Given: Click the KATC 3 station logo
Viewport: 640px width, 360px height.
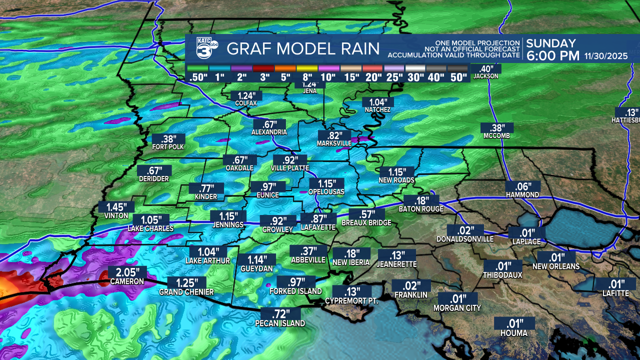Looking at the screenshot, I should (206, 48).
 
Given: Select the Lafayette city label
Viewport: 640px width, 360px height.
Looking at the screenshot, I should (318, 227).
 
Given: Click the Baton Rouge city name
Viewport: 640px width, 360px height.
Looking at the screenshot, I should (421, 209).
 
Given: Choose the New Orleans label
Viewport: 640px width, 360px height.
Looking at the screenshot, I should (556, 266).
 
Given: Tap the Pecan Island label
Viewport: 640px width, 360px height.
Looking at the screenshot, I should (280, 323).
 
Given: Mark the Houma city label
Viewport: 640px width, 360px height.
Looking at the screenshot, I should (513, 332).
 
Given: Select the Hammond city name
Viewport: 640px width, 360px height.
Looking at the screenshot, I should (522, 194).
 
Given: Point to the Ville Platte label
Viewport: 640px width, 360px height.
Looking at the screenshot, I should (290, 168).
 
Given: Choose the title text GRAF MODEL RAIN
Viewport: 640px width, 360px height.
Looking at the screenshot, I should (302, 49).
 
